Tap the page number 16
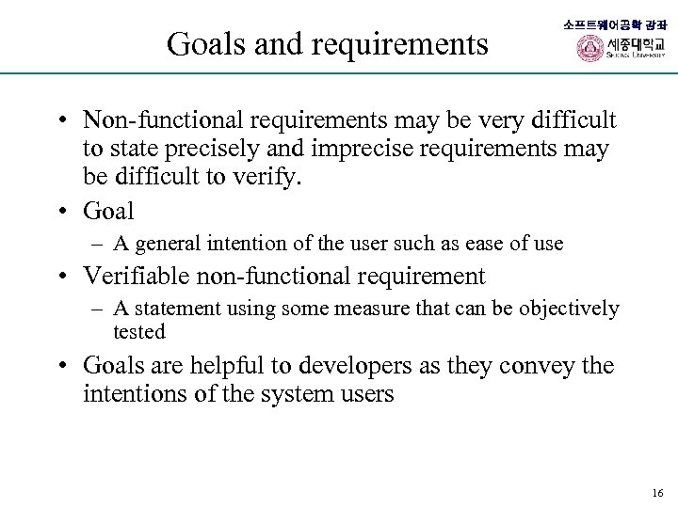[657, 493]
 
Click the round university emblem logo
[589, 49]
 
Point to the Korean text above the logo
[614, 24]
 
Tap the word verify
[268, 179]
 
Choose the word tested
[138, 331]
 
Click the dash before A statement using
[98, 309]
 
